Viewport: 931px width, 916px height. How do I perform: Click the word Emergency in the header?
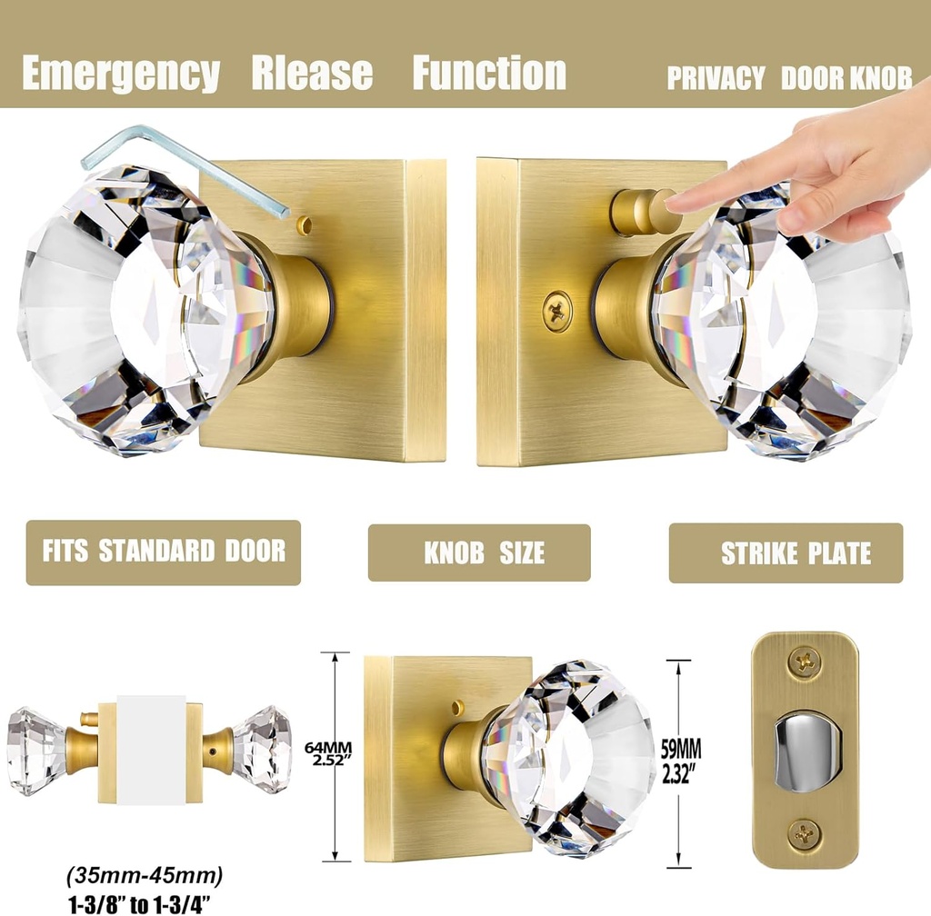120,74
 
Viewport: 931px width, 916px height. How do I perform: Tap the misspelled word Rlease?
312,74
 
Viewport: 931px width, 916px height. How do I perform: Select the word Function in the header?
489,74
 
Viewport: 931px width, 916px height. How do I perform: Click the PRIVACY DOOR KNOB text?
788,79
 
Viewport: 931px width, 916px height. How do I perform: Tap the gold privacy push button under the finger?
636,208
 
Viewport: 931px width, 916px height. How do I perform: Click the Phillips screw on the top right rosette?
556,311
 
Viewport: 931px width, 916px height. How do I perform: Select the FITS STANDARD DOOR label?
164,552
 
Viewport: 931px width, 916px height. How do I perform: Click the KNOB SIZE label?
479,553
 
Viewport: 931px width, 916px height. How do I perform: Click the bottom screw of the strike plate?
804,831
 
